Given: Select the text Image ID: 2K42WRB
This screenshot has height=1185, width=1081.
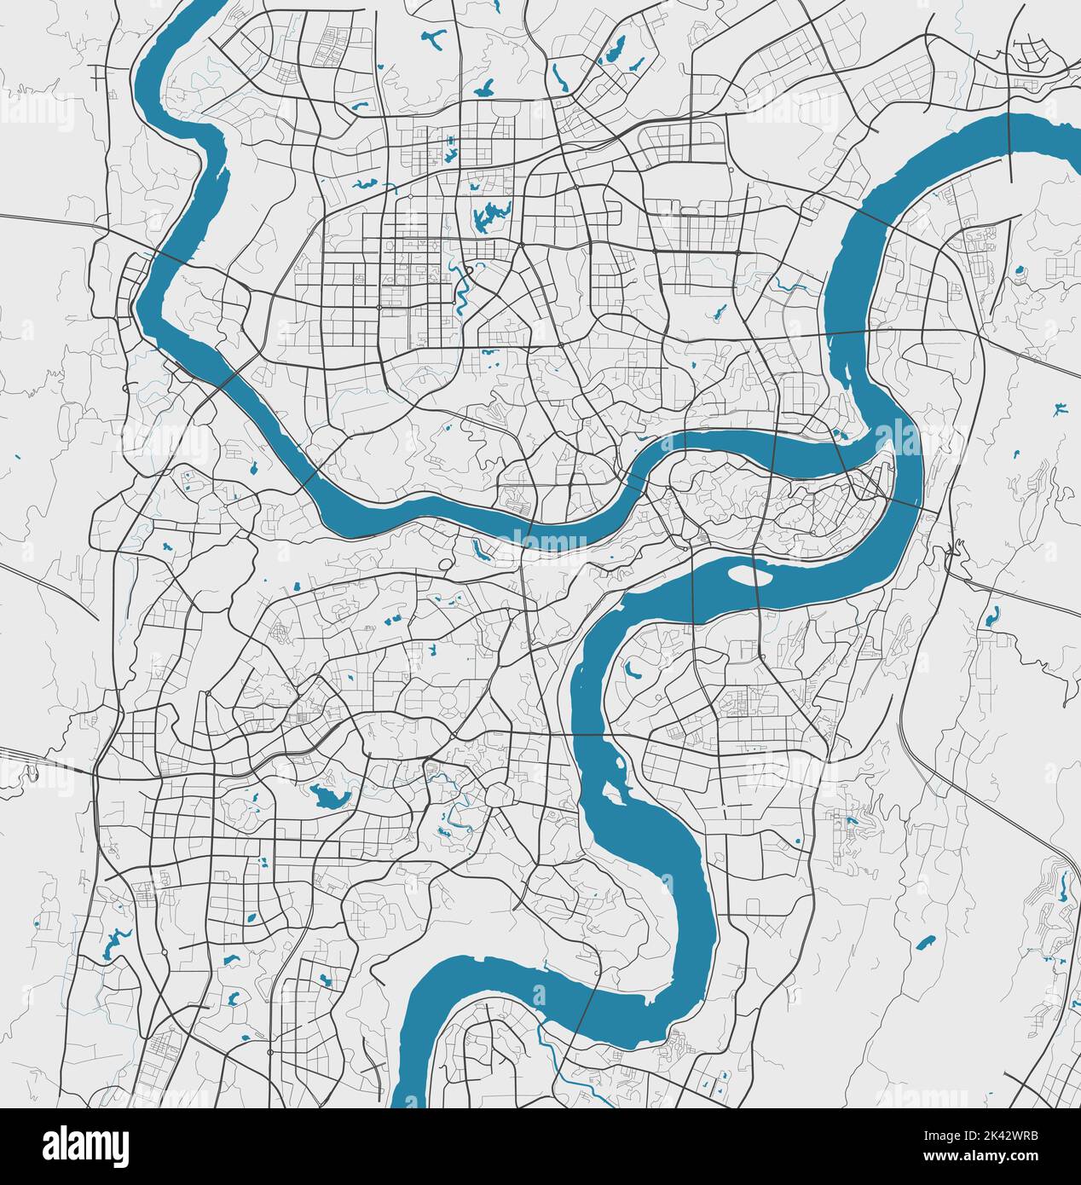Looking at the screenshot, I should pos(980,1136).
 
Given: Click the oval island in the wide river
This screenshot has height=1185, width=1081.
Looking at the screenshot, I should pos(749,576).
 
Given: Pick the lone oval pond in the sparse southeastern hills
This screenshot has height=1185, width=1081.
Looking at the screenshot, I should pos(924,943).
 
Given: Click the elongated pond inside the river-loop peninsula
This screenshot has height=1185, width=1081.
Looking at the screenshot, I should pos(633,671).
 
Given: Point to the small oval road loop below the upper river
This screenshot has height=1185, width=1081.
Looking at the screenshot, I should pos(445,564).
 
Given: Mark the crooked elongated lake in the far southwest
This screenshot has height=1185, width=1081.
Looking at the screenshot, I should pos(112,943).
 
